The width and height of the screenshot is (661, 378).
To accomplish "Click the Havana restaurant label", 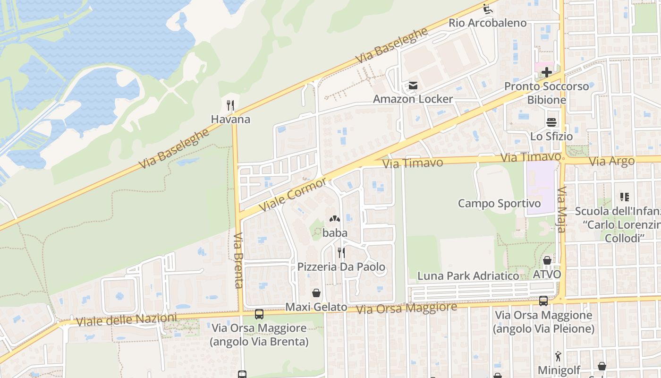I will pos(230,120).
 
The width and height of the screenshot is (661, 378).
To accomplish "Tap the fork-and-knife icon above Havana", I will pos(230,105).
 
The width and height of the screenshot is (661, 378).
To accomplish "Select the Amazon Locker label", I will pos(413,99).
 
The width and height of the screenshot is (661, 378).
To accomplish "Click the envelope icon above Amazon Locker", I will pos(413,86).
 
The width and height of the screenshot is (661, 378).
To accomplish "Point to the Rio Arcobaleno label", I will pos(487,23).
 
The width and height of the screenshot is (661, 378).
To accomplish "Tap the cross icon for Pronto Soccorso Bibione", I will pos(547,72).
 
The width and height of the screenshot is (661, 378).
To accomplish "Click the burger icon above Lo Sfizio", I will pos(551,122).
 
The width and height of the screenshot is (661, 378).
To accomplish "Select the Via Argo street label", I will pos(612,162).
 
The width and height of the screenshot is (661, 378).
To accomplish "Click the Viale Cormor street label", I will pos(293,195).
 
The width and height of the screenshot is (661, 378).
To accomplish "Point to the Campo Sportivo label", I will pos(500,204).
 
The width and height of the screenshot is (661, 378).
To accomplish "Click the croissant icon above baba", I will pos(335,219).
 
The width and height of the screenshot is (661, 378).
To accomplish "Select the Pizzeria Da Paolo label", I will pos(341,267).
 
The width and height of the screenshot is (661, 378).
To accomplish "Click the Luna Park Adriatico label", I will pos(468,276).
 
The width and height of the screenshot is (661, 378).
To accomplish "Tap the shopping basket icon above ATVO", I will pos(547,260).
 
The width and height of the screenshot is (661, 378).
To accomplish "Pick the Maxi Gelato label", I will pos(316,307).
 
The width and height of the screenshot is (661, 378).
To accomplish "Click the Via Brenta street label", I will pos(238,260).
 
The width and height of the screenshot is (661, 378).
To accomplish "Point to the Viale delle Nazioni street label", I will pos(127,320).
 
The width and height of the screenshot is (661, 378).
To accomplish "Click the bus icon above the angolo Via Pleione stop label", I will pos(543,301).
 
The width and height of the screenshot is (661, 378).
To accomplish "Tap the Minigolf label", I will pos(559,369).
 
